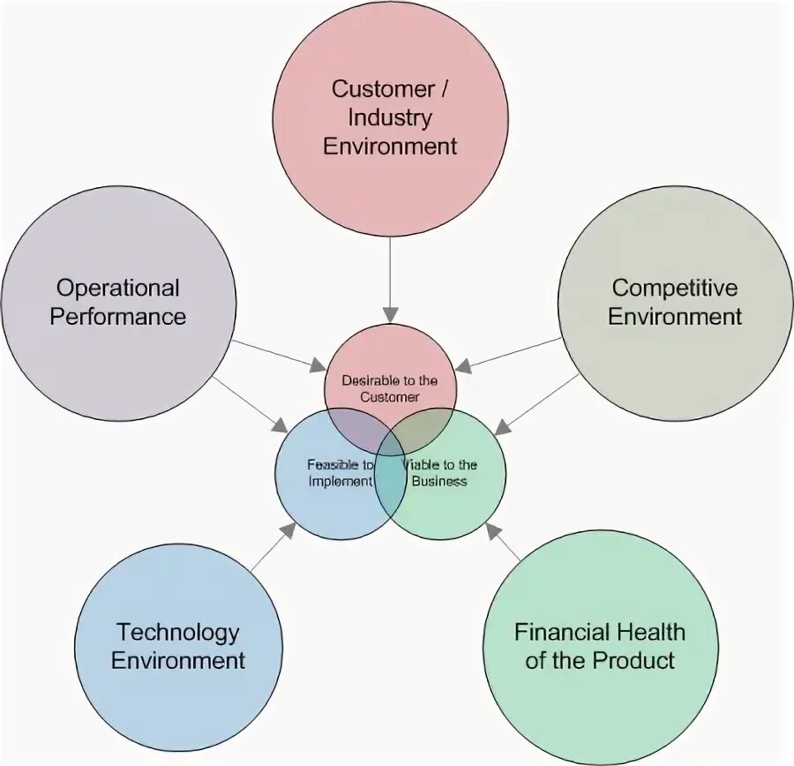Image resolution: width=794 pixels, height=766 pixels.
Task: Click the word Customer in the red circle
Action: [371, 88]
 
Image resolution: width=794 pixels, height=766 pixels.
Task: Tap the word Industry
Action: [390, 116]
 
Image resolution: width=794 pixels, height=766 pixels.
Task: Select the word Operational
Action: [118, 288]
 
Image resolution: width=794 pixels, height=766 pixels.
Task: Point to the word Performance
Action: [118, 316]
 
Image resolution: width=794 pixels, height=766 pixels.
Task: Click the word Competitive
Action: [675, 288]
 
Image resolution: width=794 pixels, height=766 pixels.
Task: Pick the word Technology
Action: [178, 632]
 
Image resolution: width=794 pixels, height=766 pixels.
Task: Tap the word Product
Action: [632, 660]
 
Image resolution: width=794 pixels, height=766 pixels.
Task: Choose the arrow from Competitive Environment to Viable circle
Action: [538, 402]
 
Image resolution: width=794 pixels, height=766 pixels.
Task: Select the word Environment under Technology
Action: [178, 660]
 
